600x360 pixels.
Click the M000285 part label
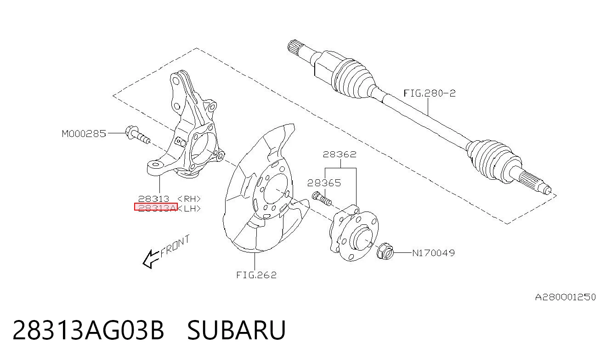click(84, 133)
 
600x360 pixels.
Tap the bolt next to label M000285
click(138, 135)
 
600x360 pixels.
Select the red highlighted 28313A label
click(156, 207)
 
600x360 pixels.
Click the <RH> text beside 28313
click(189, 199)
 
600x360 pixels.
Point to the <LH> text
click(189, 208)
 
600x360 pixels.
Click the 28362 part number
click(340, 154)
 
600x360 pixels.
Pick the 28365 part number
click(324, 183)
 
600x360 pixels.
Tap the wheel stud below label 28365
click(322, 199)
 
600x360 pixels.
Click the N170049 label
click(434, 253)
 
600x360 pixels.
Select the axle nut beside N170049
click(385, 251)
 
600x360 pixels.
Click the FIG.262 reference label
click(256, 275)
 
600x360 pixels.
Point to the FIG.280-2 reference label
click(430, 93)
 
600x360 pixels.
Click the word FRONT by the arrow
click(175, 246)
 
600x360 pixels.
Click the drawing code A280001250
click(566, 297)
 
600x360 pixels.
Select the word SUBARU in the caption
click(237, 330)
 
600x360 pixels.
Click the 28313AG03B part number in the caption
click(88, 330)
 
